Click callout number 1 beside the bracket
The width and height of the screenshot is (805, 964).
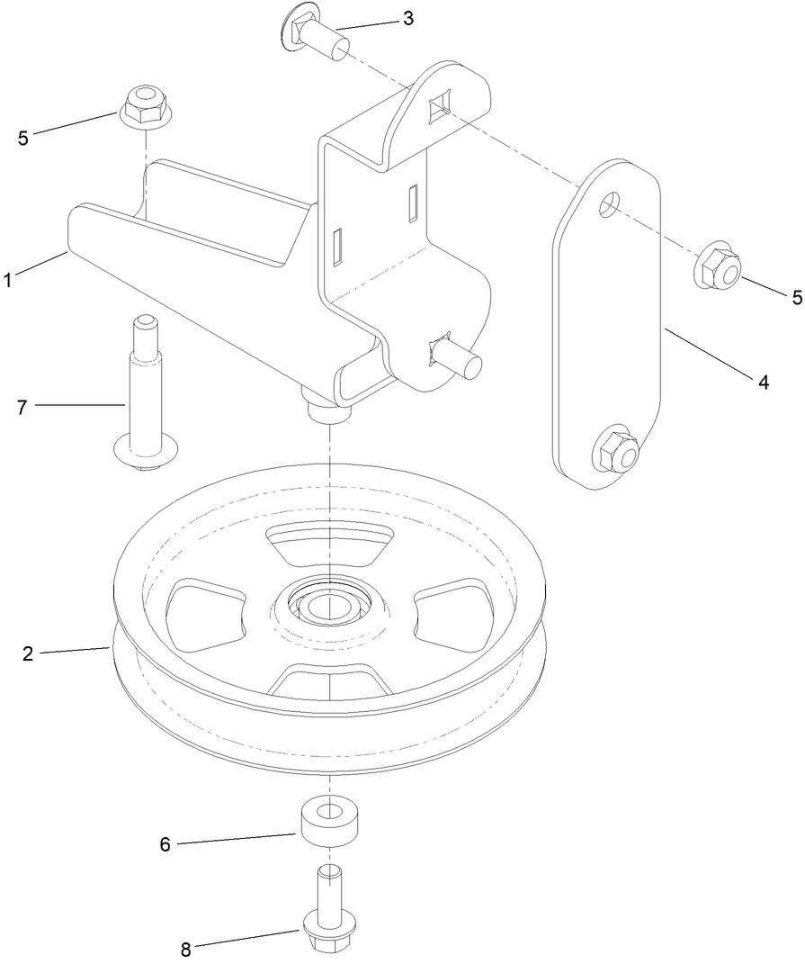pyautogui.click(x=8, y=280)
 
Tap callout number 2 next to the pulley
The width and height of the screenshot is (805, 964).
pyautogui.click(x=28, y=654)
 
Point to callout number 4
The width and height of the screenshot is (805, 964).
pyautogui.click(x=763, y=382)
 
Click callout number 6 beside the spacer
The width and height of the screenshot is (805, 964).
pyautogui.click(x=165, y=844)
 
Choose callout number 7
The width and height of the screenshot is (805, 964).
pyautogui.click(x=22, y=407)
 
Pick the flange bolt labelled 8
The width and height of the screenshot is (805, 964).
pyautogui.click(x=329, y=909)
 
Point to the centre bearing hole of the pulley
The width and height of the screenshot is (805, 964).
pyautogui.click(x=329, y=605)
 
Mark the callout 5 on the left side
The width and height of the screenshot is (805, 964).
pyautogui.click(x=22, y=138)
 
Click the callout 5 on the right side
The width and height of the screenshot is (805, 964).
pyautogui.click(x=797, y=298)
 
